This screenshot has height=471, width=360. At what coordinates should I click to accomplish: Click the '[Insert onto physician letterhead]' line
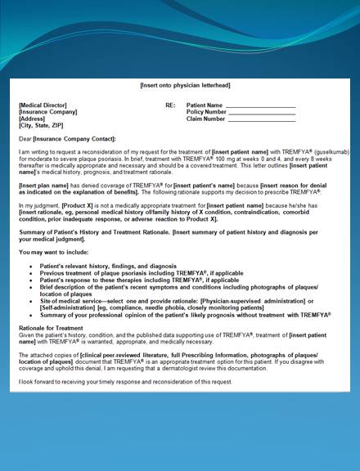coord(179,85)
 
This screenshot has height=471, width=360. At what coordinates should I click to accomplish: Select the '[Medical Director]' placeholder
coord(43,105)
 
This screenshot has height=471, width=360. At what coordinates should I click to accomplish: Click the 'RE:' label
coord(170,105)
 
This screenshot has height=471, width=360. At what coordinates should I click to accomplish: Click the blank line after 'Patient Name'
coord(260,105)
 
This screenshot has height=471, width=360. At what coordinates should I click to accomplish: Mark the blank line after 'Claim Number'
coord(260,119)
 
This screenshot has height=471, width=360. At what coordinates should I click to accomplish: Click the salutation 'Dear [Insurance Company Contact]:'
coord(67,138)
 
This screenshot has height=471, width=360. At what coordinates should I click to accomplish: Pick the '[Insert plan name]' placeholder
coord(44,186)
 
